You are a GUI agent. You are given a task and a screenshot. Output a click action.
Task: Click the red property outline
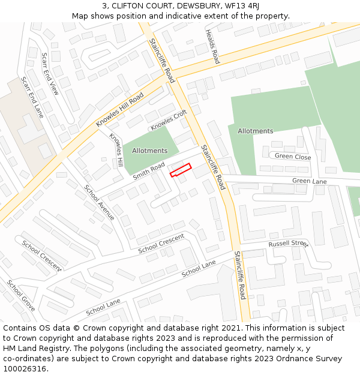pos(181,170)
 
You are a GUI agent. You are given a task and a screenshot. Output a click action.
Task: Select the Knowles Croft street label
pos(169,120)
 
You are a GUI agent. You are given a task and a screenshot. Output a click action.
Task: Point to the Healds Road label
pos(212,47)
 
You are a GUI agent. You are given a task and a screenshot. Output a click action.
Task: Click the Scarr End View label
pos(50,74)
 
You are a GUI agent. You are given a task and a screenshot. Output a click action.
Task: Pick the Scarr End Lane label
pos(32,97)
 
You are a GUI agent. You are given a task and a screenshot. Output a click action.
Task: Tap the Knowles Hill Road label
pos(120,109)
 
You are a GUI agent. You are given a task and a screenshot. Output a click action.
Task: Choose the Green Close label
pos(293,157)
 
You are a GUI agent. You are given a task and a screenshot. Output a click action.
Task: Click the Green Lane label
pos(310,181)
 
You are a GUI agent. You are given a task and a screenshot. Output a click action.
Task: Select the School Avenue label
pos(99,202)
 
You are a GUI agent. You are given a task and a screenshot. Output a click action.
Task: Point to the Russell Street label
pos(288,244)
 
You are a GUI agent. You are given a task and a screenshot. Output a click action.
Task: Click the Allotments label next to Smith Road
pos(149,151)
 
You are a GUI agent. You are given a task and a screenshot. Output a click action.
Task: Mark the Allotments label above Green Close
pos(255,131)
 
